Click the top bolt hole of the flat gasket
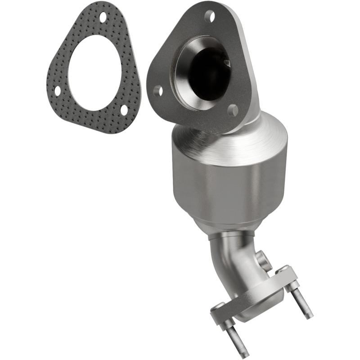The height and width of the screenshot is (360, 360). click(103, 17)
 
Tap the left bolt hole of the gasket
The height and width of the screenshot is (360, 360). click(58, 90)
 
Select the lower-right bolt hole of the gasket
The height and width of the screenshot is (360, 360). click(124, 109)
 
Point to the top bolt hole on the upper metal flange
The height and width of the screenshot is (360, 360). click(210, 17)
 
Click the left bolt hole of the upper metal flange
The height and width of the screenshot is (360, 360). click(158, 91)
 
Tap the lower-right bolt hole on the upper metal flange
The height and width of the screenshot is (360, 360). click(233, 110)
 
